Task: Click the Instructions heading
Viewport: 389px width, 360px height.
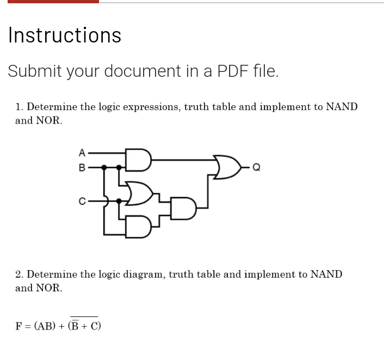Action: [x=65, y=35]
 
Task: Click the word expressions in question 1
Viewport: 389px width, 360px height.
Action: [x=151, y=107]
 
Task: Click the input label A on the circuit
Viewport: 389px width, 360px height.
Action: [x=82, y=152]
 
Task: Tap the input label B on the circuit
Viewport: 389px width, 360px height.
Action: [x=82, y=167]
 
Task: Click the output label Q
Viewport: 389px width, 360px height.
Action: [x=257, y=167]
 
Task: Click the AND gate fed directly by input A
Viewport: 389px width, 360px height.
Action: [x=137, y=160]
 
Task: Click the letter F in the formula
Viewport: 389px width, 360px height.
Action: [x=18, y=326]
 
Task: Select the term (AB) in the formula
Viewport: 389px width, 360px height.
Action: [x=45, y=326]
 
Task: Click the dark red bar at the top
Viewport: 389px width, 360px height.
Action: [x=53, y=2]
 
